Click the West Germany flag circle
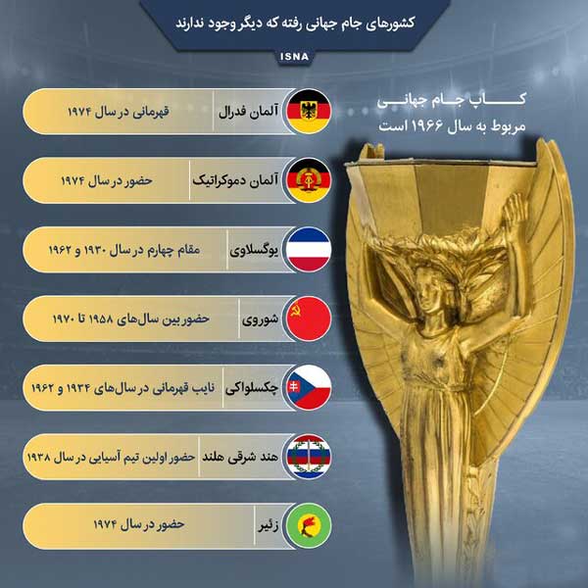point(313,111)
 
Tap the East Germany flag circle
point(313,180)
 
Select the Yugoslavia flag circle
point(313,249)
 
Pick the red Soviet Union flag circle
point(313,318)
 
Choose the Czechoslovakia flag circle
point(313,387)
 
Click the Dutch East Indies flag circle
point(313,456)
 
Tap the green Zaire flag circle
point(313,524)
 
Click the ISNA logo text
point(294,56)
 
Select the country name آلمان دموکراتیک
point(235,180)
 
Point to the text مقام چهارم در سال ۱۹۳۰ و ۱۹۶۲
point(122,250)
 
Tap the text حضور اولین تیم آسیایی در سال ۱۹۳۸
point(109,457)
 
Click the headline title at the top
point(293,20)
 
